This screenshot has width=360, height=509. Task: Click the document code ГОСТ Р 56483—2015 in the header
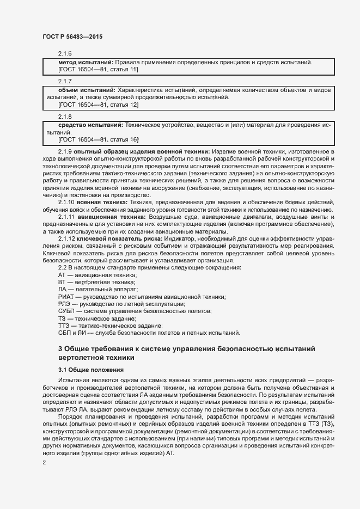(x=72, y=36)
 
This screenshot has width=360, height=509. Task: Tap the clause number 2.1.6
(x=65, y=53)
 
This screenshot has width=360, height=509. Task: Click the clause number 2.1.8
(x=65, y=116)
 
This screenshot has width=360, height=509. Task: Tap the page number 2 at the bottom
(x=44, y=463)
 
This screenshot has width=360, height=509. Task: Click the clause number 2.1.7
(x=65, y=80)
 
